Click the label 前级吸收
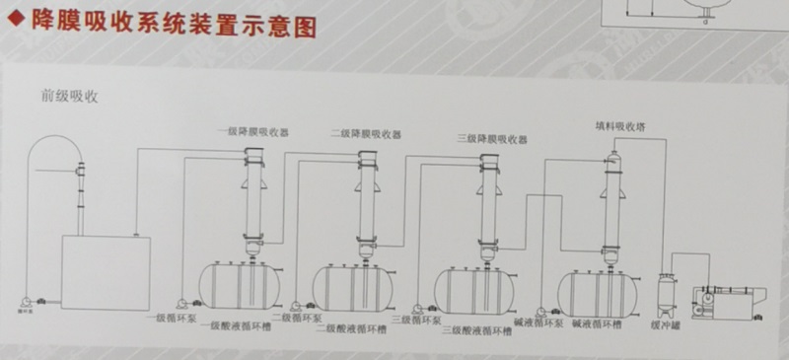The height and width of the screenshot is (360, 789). point(68,97)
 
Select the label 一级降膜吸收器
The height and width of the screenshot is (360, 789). point(254,132)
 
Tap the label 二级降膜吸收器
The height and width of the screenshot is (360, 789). point(367,133)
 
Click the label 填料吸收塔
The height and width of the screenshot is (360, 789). point(620,126)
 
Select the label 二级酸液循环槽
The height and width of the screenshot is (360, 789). point(351,328)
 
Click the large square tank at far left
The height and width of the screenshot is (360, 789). point(107,272)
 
